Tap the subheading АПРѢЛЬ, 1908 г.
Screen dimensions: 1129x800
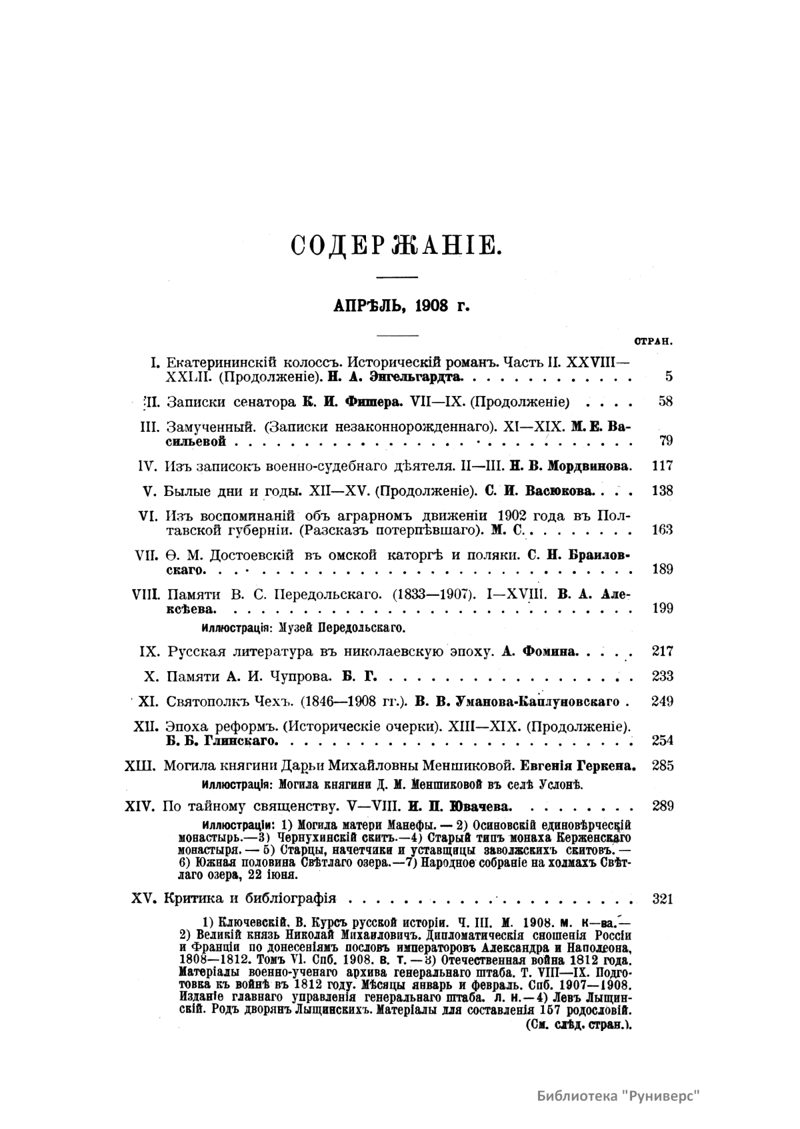[401, 306]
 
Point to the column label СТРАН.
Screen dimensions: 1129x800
[652, 341]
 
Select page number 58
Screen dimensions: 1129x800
[665, 402]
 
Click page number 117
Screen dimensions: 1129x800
[662, 466]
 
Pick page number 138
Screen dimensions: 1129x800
[662, 491]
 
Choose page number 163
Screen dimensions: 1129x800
[662, 530]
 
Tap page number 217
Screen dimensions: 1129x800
[662, 651]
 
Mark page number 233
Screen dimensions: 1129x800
[662, 676]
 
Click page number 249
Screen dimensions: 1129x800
[662, 701]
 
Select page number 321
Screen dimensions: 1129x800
[662, 899]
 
